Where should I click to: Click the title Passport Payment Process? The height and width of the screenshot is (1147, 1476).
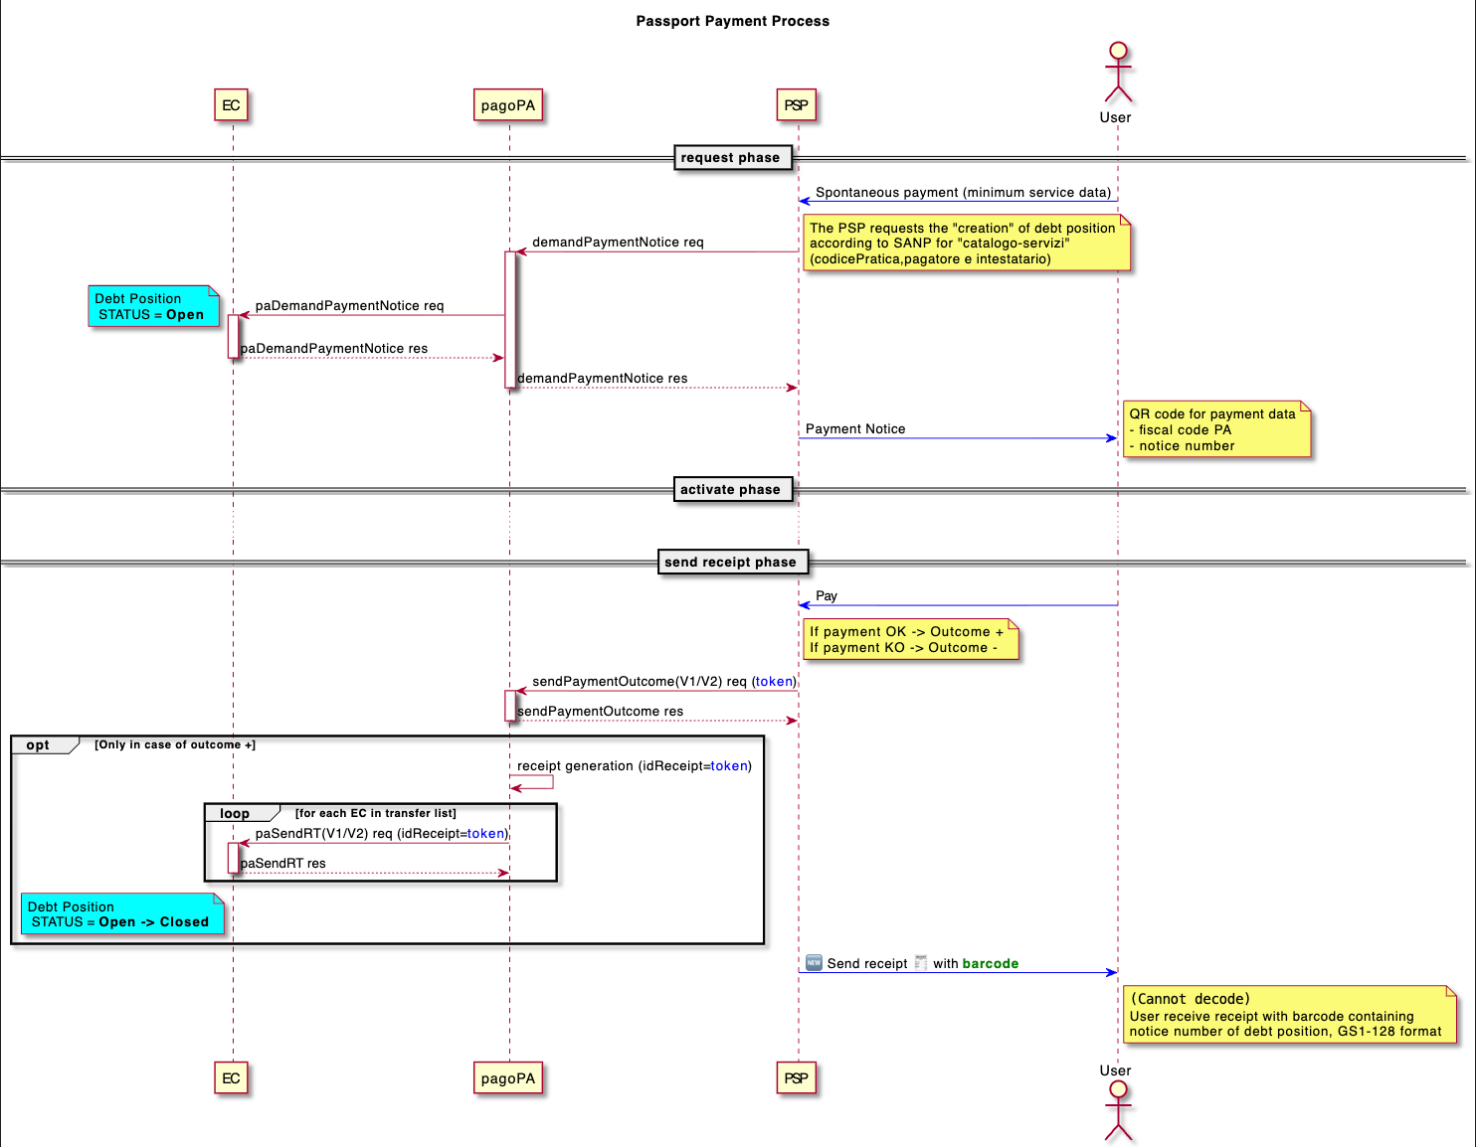coord(732,21)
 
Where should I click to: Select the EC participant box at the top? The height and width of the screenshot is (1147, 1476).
coord(231,105)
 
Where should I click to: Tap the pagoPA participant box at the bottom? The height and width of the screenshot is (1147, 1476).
coord(508,1078)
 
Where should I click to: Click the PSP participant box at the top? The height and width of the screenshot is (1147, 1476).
coord(796,105)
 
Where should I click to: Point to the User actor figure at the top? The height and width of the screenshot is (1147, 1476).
coord(1118,73)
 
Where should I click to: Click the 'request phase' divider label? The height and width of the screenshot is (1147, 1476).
coord(730,158)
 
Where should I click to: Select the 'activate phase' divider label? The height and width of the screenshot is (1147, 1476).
coord(730,490)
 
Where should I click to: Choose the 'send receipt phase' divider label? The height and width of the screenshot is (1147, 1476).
coord(730,563)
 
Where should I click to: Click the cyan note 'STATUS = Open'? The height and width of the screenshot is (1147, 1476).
coord(153,307)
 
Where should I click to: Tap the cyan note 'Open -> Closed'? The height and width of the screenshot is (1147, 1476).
coord(121,914)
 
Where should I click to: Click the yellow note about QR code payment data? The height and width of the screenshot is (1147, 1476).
coord(1215,430)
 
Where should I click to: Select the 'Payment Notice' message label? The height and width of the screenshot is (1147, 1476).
coord(855,429)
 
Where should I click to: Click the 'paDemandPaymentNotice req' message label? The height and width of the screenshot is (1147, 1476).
coord(349,306)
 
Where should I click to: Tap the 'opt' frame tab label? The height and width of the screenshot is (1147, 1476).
coord(39,745)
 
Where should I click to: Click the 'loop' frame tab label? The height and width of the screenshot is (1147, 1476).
coord(235,814)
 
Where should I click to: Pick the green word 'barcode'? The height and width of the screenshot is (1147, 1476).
coord(990,964)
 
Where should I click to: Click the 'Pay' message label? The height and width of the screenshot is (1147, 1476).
coord(827,596)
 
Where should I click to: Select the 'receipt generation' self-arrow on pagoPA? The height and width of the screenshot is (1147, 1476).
coord(534,782)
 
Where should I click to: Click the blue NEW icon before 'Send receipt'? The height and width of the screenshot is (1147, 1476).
coord(814,963)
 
